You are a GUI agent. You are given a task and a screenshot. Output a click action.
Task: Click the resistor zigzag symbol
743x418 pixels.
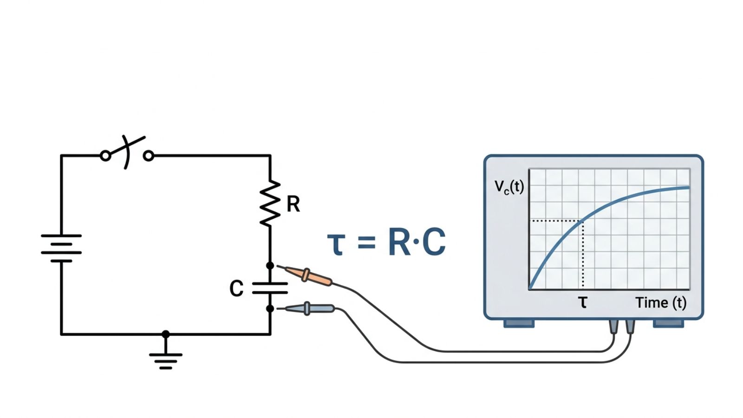pyautogui.click(x=270, y=203)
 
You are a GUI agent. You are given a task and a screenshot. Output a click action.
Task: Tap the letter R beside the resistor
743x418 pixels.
pyautogui.click(x=293, y=204)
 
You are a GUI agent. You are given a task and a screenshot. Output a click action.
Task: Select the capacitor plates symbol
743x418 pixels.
pyautogui.click(x=270, y=288)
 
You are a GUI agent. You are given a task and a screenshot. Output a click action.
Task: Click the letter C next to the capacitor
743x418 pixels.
pyautogui.click(x=236, y=288)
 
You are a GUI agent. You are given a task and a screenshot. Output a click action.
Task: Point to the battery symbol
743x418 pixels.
pyautogui.click(x=61, y=248)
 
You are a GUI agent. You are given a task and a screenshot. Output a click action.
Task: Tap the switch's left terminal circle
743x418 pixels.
pyautogui.click(x=106, y=156)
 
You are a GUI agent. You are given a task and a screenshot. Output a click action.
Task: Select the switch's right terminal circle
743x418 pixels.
pyautogui.click(x=149, y=156)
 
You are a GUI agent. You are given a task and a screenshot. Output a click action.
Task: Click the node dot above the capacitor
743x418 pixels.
pyautogui.click(x=270, y=266)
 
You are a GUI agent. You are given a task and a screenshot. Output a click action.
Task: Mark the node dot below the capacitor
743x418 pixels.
pyautogui.click(x=270, y=308)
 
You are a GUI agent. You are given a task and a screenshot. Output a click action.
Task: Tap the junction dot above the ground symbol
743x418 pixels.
pyautogui.click(x=166, y=334)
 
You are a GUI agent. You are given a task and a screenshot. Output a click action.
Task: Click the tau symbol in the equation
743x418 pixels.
pyautogui.click(x=336, y=243)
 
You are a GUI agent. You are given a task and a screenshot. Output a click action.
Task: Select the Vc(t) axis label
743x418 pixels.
pyautogui.click(x=509, y=187)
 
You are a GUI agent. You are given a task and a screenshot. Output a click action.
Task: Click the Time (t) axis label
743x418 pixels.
pyautogui.click(x=661, y=303)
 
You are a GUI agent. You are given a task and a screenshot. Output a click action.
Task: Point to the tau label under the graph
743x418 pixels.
pyautogui.click(x=583, y=303)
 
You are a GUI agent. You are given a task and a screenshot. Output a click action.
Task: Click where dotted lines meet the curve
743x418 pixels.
pyautogui.click(x=583, y=221)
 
